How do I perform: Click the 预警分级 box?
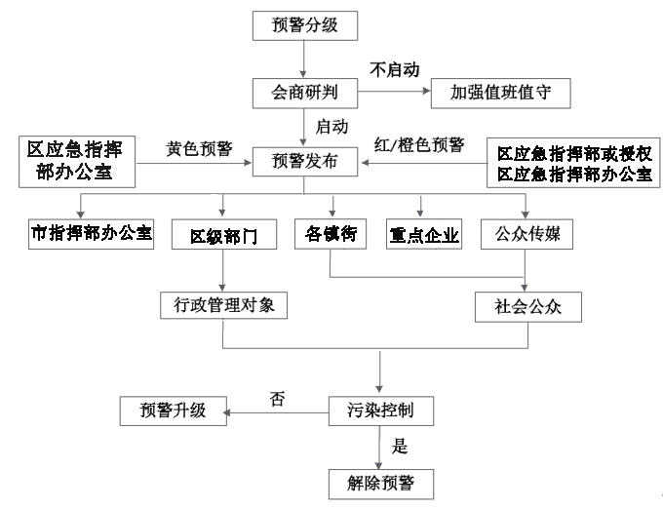tap(305, 25)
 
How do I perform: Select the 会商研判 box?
tap(305, 93)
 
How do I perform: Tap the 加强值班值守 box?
tap(500, 93)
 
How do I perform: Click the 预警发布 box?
tap(305, 162)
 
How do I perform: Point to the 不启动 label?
tap(395, 70)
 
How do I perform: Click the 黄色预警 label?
tap(199, 148)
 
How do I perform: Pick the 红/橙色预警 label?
tap(419, 145)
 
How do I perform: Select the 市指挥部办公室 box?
tap(91, 234)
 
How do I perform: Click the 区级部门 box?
tap(224, 234)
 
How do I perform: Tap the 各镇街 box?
tap(331, 234)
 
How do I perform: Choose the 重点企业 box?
tap(424, 234)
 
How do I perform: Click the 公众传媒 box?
tap(526, 234)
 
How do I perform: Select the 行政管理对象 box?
tap(223, 305)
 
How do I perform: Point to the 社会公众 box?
tap(528, 307)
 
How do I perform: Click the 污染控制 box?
tap(381, 411)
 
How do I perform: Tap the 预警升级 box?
tap(174, 411)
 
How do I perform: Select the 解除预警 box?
tap(381, 484)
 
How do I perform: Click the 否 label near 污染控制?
tap(277, 398)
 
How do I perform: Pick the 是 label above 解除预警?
tap(400, 446)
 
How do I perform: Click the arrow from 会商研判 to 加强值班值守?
tap(394, 92)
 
